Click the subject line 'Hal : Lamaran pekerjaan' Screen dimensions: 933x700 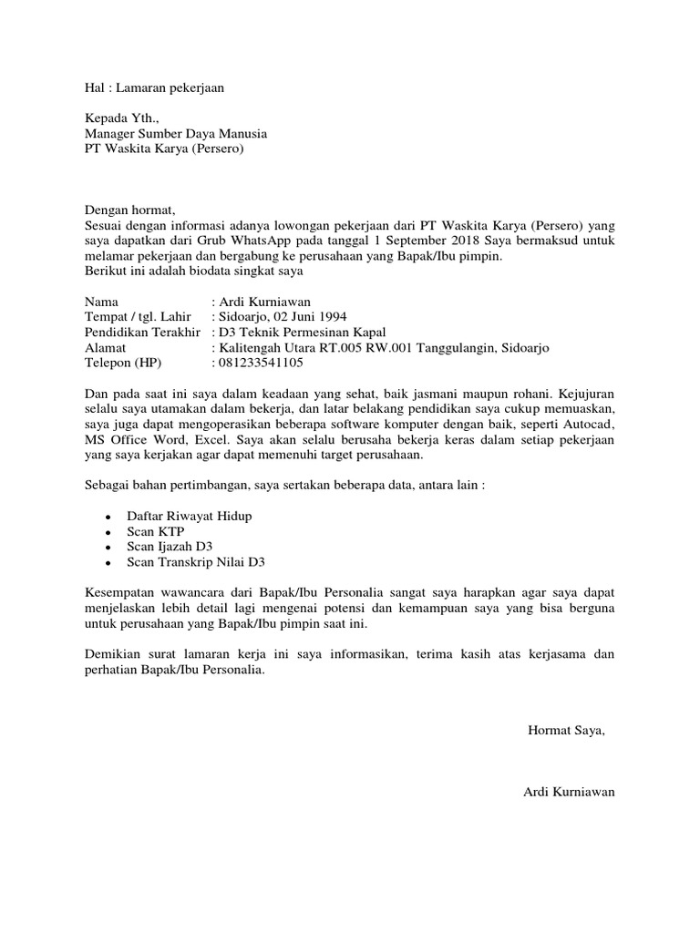point(153,88)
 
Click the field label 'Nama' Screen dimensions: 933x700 point(101,302)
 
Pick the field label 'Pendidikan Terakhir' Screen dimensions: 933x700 point(142,332)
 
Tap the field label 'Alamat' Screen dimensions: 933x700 point(105,347)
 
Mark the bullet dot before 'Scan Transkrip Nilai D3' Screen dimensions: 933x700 point(108,564)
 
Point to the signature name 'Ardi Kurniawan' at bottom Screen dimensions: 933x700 point(569,792)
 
